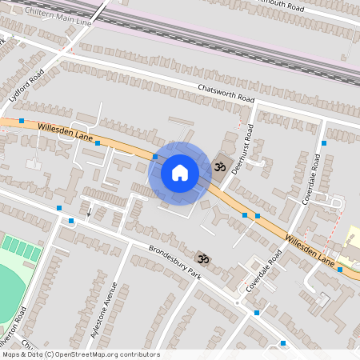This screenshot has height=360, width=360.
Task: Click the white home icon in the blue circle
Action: point(180,172)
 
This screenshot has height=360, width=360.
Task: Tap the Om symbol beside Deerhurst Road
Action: point(220,167)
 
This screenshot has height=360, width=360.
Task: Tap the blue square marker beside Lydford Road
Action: point(21,120)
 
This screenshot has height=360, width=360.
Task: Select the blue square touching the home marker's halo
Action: point(155,157)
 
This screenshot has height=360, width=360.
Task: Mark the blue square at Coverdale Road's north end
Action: point(324,142)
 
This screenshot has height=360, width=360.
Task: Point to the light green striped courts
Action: point(20,247)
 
